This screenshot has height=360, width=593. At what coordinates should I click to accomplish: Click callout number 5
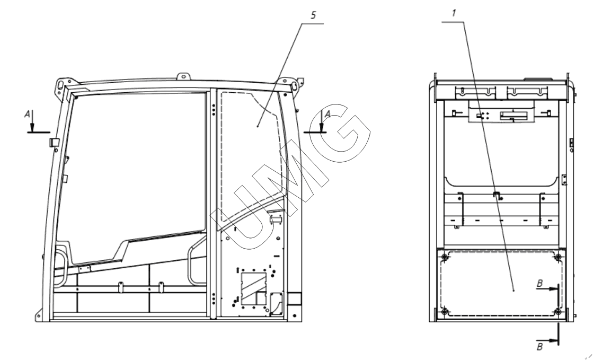click(313, 15)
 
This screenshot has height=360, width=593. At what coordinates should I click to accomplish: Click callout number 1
click(454, 13)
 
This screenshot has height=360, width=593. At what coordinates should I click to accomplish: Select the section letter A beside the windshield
click(27, 115)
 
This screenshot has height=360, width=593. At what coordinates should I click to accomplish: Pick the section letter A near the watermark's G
click(328, 114)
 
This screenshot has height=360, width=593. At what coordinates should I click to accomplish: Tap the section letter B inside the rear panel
click(540, 283)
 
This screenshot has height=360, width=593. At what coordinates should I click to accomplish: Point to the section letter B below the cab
click(540, 346)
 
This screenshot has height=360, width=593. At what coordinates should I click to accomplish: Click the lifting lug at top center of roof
click(184, 77)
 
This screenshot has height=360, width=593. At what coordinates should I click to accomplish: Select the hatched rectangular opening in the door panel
click(254, 288)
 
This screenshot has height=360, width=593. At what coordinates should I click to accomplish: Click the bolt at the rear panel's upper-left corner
click(445, 258)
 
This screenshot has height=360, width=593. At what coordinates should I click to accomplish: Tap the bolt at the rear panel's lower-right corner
click(557, 312)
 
